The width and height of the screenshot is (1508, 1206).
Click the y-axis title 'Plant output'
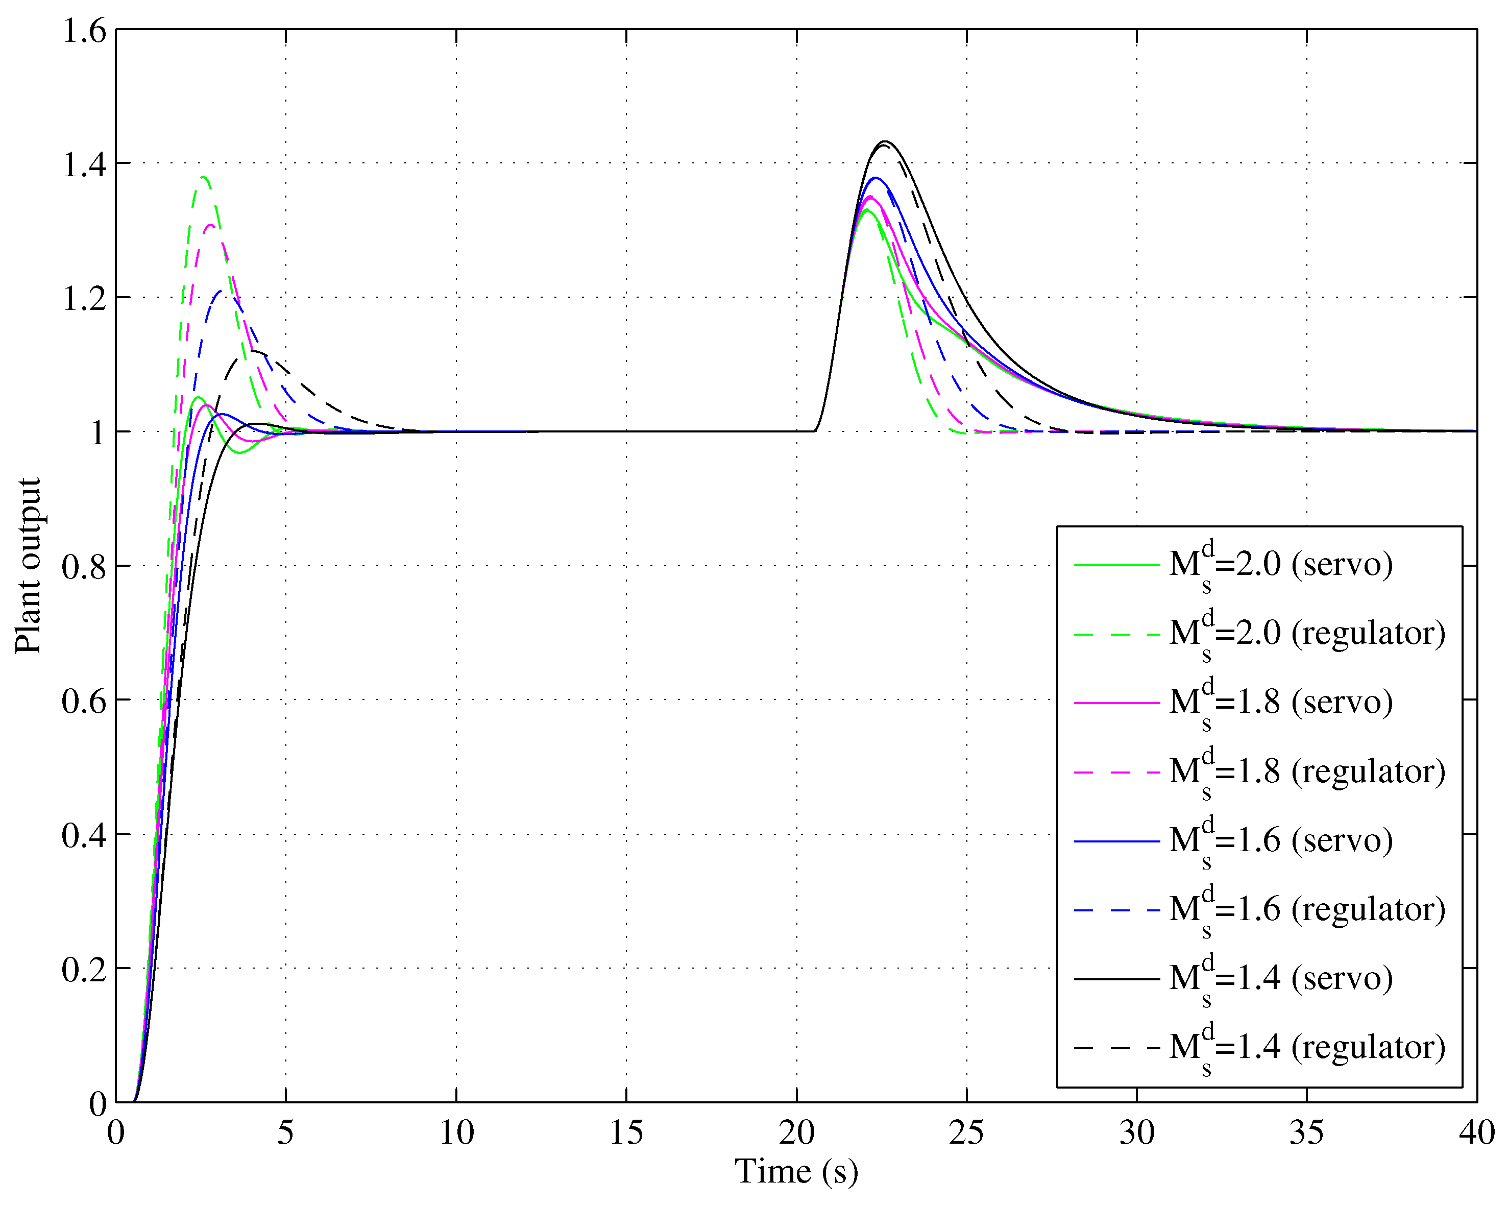(28, 566)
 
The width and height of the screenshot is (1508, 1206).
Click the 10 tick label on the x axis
(456, 1132)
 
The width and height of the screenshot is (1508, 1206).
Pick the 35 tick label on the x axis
(1306, 1132)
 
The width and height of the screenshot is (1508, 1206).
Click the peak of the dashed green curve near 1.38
(204, 177)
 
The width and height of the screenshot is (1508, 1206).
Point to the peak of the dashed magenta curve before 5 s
(210, 225)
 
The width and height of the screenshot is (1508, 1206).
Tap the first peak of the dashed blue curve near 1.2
(221, 291)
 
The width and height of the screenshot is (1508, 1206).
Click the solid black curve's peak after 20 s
(886, 141)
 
